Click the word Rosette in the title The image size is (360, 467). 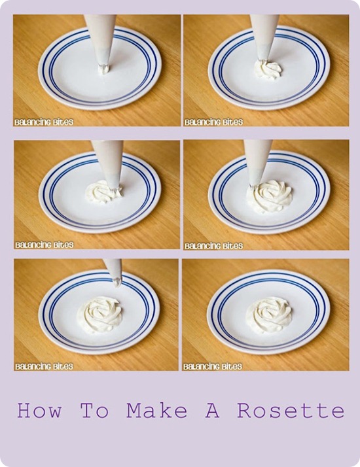(291, 410)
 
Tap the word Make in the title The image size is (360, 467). (157, 410)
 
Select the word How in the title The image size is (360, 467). (39, 410)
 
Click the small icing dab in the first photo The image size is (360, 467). (103, 70)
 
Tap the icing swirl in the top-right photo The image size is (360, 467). (268, 70)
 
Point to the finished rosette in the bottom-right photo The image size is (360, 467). (268, 315)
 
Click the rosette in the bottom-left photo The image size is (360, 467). (100, 315)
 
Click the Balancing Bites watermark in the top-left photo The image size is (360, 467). (44, 122)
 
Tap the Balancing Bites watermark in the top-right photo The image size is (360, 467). (213, 122)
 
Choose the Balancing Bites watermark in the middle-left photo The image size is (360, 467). (44, 245)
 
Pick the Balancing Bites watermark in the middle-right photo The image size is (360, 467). (213, 246)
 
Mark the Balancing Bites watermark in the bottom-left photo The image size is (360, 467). (44, 366)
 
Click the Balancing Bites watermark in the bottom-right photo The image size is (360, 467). (213, 366)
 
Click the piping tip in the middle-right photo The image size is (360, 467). (254, 186)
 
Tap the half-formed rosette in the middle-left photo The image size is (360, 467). (103, 192)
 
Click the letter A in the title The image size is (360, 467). (213, 410)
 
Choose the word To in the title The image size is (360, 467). (94, 410)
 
